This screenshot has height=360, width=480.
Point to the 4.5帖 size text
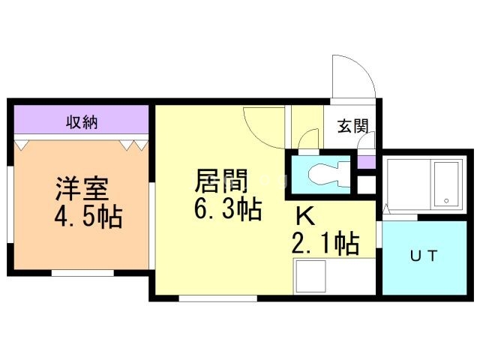pos(88,218)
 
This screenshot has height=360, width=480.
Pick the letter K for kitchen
pos(304,216)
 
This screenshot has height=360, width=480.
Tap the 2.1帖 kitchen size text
pos(325,243)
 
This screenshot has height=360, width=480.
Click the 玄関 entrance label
pos(352,126)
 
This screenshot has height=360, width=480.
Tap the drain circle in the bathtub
pos(445,200)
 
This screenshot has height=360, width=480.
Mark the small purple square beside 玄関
pos(365,161)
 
